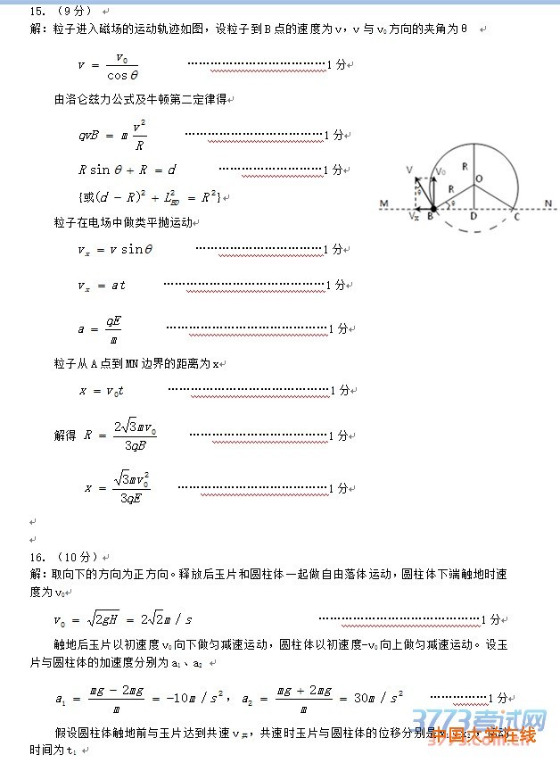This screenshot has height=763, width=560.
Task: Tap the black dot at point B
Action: (x=433, y=208)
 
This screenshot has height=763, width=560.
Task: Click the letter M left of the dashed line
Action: (x=383, y=204)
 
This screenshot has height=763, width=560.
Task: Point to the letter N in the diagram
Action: (x=549, y=203)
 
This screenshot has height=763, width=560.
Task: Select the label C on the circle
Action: (x=515, y=217)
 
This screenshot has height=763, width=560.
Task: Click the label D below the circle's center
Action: (x=474, y=217)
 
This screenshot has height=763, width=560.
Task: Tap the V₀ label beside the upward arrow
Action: (x=441, y=171)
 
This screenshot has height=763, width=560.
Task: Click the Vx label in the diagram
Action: (x=413, y=216)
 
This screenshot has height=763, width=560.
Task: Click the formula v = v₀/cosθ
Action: (x=109, y=65)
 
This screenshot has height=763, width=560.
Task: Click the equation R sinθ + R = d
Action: (x=128, y=170)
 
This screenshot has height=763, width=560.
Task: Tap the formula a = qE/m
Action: (x=100, y=328)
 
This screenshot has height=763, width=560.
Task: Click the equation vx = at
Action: (x=102, y=286)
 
